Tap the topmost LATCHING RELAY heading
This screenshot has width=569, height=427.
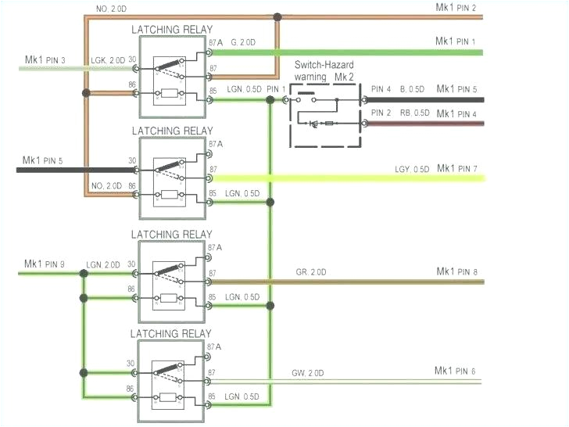point(172,29)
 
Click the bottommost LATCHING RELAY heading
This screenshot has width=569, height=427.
point(172,334)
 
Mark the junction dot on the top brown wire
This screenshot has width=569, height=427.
point(277,16)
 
